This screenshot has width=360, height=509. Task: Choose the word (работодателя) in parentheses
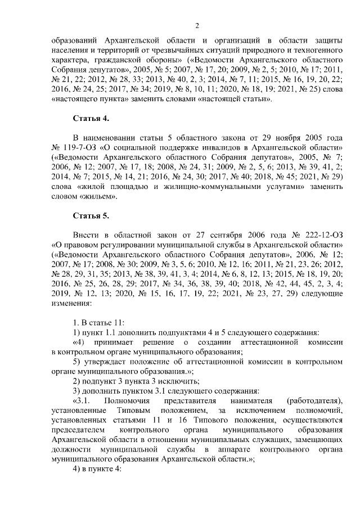click(314, 400)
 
